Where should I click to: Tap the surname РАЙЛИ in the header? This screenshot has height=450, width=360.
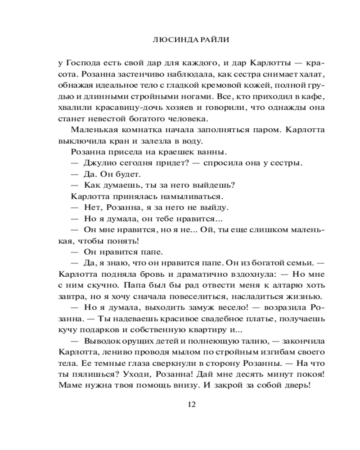202,40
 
